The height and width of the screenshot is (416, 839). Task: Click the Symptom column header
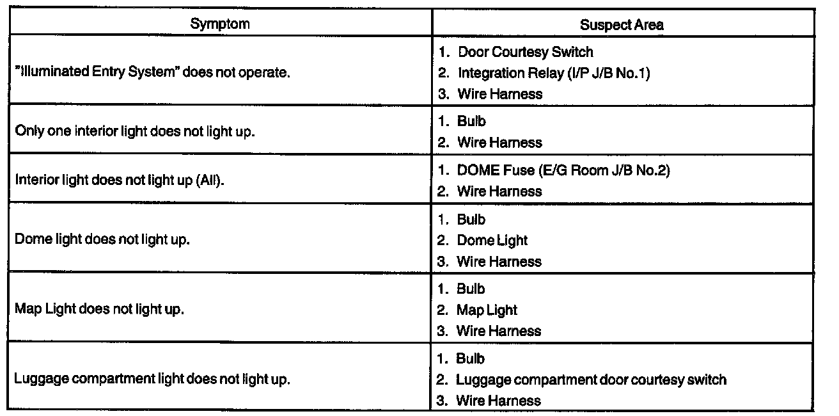coord(219,24)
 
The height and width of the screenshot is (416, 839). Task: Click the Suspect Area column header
coord(622,25)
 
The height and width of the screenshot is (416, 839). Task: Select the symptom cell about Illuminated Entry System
coord(153,72)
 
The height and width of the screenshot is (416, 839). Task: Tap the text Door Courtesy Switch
coord(525,52)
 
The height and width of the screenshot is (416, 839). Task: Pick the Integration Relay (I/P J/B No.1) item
coord(553,73)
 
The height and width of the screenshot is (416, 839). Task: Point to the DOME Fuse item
coord(563,171)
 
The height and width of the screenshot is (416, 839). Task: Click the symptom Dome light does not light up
coord(102,240)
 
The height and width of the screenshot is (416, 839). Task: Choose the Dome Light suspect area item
coord(492,241)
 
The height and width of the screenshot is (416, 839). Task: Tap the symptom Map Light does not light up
coord(99,309)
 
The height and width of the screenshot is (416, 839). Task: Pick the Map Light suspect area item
coord(486,310)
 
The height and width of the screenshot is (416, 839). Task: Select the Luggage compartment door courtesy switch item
coord(591,380)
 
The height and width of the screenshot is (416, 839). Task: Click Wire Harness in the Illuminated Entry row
coord(499,94)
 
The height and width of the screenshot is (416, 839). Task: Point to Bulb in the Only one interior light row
coord(472,122)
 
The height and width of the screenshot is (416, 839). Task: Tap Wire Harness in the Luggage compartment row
coord(498,401)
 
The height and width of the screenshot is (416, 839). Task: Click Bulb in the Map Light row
coord(471,289)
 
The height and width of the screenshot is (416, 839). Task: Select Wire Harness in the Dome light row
coord(499,262)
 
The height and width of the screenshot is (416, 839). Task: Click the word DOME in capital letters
coord(480,171)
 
